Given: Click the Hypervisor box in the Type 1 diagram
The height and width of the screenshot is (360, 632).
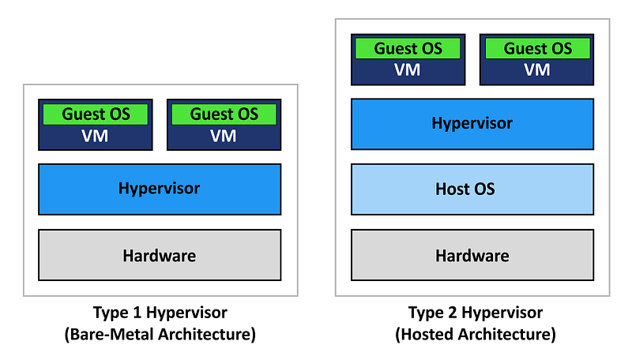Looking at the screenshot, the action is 160,189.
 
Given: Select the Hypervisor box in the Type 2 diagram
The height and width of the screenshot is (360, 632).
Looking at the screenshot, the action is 472,124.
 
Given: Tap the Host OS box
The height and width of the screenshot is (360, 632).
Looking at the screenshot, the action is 472,189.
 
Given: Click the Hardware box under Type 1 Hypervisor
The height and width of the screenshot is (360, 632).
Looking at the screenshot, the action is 160,255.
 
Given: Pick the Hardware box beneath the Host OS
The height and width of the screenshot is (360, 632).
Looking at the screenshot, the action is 472,255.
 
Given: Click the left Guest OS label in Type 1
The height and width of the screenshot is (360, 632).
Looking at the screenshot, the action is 96,114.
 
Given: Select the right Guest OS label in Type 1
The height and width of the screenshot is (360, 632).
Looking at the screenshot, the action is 224,114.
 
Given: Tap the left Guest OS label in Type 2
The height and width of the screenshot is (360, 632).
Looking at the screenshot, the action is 408,49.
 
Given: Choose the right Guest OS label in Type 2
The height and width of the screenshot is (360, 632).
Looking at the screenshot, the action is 538,49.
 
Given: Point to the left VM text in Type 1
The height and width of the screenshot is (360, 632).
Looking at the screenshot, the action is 95,136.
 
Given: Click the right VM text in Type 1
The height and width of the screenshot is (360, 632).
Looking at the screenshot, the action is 224,136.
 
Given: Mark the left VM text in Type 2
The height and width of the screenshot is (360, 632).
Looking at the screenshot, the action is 408,70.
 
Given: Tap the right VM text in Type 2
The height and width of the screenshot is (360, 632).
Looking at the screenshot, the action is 537,70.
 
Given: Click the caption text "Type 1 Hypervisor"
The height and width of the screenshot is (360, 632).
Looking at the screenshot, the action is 160,313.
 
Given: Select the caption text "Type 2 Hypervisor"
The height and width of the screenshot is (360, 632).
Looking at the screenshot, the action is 476,313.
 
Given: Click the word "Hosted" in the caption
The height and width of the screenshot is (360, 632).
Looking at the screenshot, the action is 425,334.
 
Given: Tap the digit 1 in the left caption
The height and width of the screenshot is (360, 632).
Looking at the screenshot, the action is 136,312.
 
